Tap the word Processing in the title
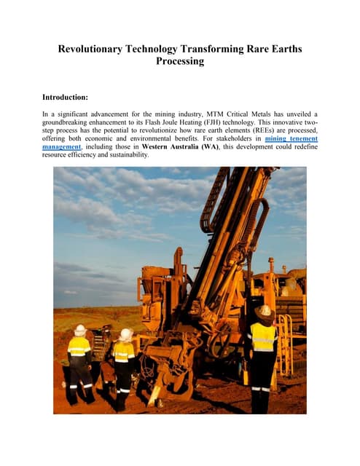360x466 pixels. (x=180, y=62)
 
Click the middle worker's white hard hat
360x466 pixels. (x=127, y=334)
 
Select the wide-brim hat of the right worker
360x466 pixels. (x=263, y=312)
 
